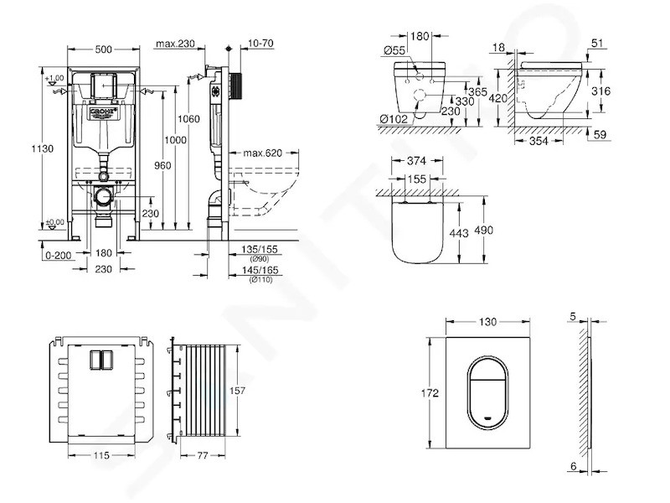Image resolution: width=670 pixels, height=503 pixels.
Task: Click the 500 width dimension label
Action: (x=103, y=49)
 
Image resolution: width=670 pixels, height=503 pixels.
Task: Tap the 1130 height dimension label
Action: (x=43, y=149)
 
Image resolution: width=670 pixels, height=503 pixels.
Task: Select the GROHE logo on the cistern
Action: (x=103, y=113)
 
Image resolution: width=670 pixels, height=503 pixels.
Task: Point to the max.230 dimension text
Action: (x=175, y=44)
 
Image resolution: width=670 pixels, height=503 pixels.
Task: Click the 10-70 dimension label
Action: (x=260, y=44)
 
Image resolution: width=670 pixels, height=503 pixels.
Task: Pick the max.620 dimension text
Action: (x=263, y=153)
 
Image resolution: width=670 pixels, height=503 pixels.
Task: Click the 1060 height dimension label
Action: (x=188, y=118)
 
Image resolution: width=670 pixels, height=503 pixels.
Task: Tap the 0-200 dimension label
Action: (x=59, y=256)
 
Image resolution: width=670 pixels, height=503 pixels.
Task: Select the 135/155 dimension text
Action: (x=260, y=249)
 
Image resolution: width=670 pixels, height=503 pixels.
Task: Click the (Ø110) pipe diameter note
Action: (x=260, y=280)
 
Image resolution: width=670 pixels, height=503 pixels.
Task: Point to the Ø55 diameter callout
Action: (x=394, y=50)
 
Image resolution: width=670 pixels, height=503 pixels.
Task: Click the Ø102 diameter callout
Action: (x=393, y=118)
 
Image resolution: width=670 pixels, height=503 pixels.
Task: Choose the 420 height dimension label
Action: (x=497, y=99)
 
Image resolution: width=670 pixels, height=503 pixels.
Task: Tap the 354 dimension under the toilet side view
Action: (x=539, y=140)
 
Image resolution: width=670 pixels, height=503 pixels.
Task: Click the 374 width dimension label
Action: (x=416, y=161)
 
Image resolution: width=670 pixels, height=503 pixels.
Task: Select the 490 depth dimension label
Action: (x=484, y=230)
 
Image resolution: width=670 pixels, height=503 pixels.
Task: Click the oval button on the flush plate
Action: (x=488, y=392)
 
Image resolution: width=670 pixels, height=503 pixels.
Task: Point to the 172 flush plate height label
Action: (x=430, y=392)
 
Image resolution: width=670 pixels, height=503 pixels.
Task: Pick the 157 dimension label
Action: (x=237, y=391)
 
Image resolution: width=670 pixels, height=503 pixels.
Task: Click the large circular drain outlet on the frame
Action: (x=103, y=197)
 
